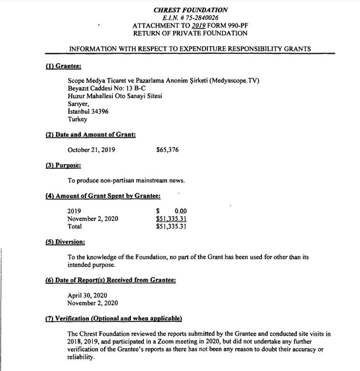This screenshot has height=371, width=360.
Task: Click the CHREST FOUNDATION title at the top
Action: (190, 10)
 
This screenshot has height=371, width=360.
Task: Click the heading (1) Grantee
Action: (63, 66)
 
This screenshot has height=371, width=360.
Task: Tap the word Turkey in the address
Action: (78, 119)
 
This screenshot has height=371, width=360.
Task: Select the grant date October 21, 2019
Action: (91, 150)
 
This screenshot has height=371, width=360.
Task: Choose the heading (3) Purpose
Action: (64, 165)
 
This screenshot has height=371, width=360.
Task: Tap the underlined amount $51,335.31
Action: (171, 219)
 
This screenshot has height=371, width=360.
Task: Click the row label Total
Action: (75, 226)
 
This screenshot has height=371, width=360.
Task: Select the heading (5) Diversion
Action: (65, 241)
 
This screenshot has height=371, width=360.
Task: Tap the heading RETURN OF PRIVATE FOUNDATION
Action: (190, 34)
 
